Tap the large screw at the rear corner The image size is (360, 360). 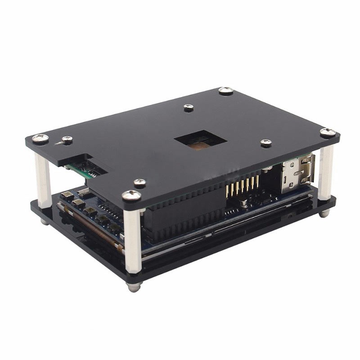(226, 91)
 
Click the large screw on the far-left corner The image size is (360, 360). (40, 138)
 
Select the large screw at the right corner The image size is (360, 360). (328, 132)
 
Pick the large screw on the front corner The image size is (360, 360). (131, 195)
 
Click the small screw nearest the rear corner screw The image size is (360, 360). (189, 108)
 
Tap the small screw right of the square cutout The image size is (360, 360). (266, 143)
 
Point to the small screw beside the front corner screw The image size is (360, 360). (140, 183)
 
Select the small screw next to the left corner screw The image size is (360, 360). (67, 140)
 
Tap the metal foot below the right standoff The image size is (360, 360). (324, 213)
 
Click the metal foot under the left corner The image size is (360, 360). (44, 221)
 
